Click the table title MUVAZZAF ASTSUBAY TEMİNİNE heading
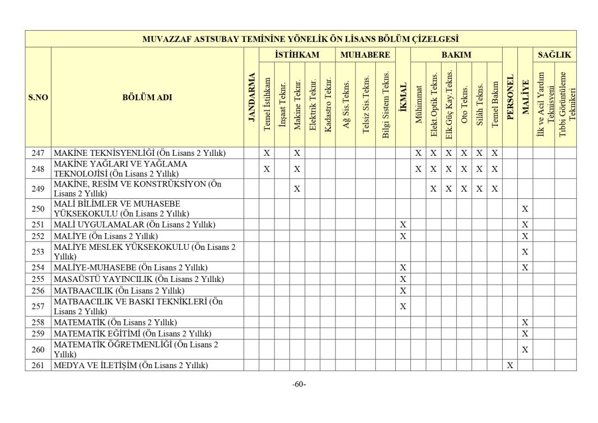[x=300, y=39]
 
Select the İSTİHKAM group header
[x=297, y=55]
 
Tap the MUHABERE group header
[x=365, y=55]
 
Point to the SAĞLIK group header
[x=554, y=55]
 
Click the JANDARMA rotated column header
[x=251, y=97]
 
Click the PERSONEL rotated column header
[x=510, y=97]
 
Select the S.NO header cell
[x=38, y=97]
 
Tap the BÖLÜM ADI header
[x=147, y=97]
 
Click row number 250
[x=38, y=209]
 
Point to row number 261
[x=38, y=365]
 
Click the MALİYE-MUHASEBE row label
[x=130, y=268]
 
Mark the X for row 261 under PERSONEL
[x=510, y=365]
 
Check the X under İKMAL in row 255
[x=403, y=279]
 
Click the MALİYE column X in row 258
[x=525, y=322]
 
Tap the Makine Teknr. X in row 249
[x=297, y=189]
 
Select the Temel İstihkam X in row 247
[x=267, y=152]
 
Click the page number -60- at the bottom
[x=299, y=384]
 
